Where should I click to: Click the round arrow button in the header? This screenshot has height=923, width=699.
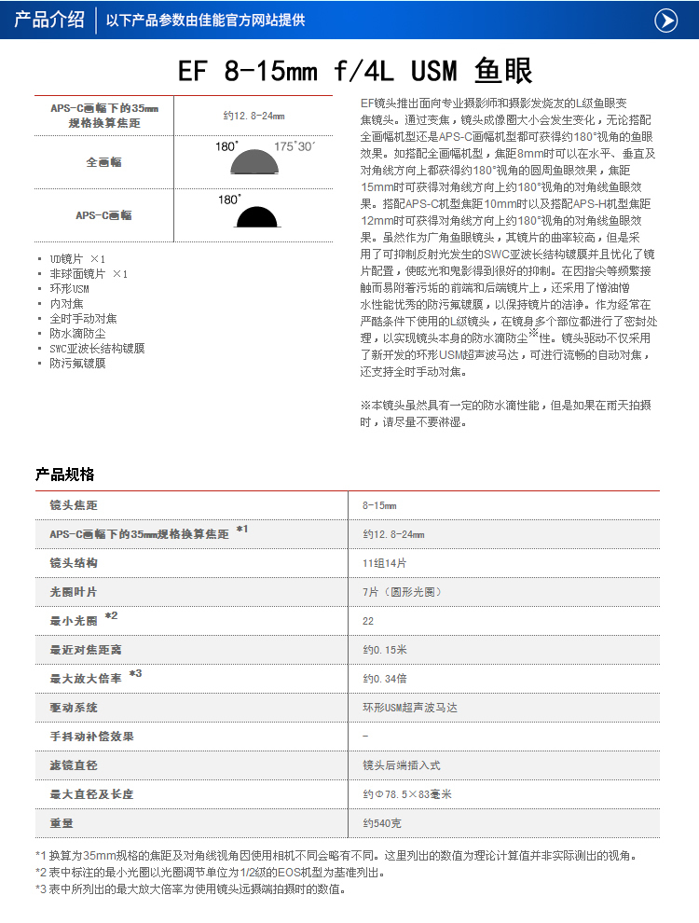click(665, 20)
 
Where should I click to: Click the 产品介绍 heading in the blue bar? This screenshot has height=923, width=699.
click(49, 20)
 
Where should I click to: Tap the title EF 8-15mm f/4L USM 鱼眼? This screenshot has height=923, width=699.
click(355, 71)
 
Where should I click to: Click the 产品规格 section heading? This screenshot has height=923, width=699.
click(65, 475)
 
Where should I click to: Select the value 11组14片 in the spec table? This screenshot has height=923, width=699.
click(385, 563)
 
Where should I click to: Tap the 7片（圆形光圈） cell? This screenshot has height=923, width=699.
click(403, 592)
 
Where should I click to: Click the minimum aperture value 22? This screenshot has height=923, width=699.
click(368, 621)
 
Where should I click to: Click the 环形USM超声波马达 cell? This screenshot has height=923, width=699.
click(410, 708)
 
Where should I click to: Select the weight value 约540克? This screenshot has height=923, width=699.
click(382, 823)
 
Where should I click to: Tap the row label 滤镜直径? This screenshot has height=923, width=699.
click(74, 765)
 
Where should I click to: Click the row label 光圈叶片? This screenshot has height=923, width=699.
click(74, 592)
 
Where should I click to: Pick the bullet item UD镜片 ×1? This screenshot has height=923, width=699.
click(78, 258)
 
